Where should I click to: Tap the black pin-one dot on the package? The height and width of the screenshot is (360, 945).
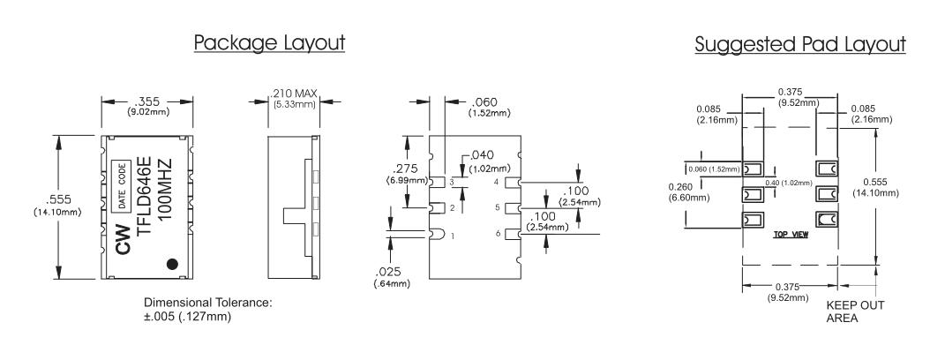[174, 263]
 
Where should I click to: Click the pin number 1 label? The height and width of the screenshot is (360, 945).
[454, 236]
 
